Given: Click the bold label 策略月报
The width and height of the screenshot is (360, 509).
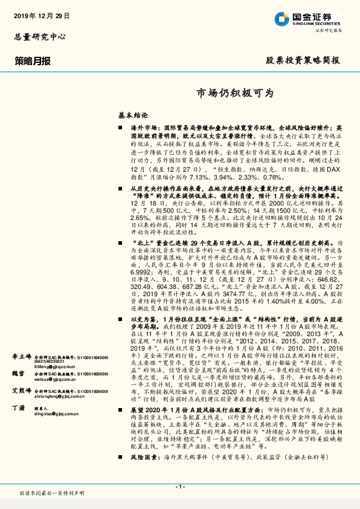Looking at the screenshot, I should (33, 60).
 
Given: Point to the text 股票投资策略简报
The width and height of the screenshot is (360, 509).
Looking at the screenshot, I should (303, 60).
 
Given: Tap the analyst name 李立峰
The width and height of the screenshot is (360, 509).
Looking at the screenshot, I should (22, 357).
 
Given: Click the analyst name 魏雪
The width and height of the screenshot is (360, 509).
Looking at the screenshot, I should (19, 374).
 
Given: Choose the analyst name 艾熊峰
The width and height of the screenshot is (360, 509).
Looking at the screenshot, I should (22, 391).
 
